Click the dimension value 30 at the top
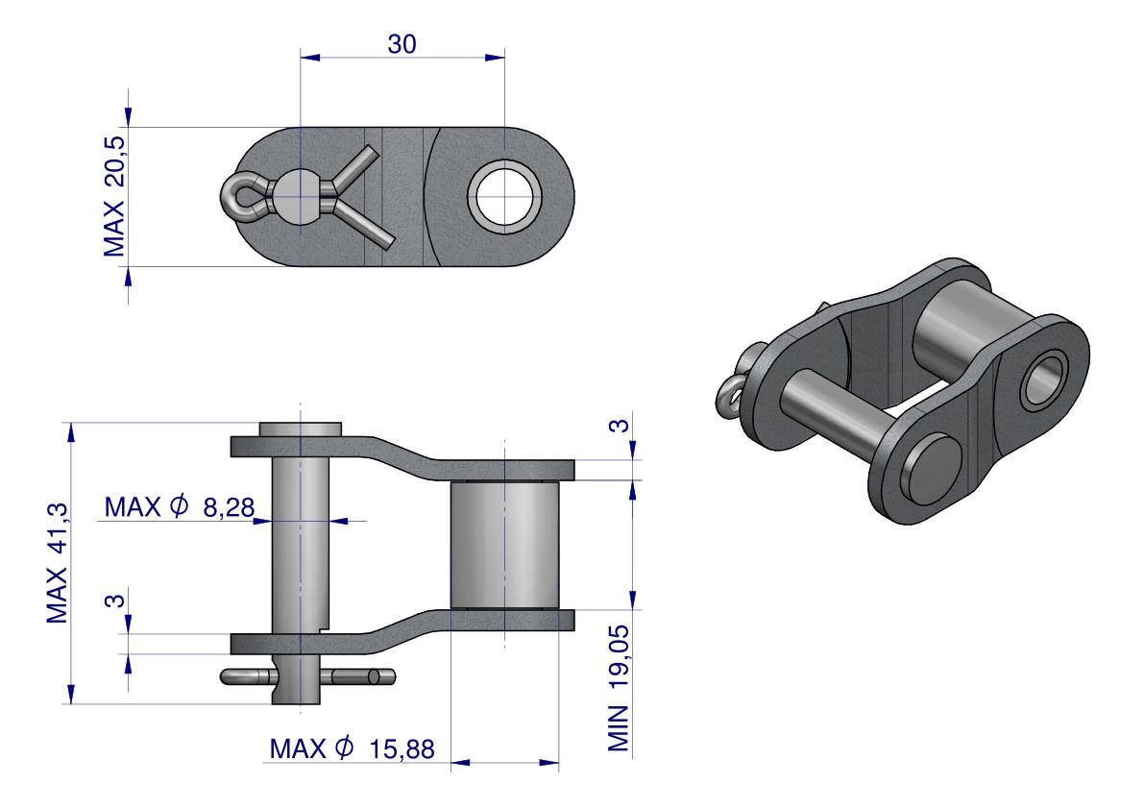[402, 43]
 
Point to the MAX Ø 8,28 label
[180, 506]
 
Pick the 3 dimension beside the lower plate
[113, 601]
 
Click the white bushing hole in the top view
[504, 196]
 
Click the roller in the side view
[503, 545]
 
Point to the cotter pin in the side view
[307, 677]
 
